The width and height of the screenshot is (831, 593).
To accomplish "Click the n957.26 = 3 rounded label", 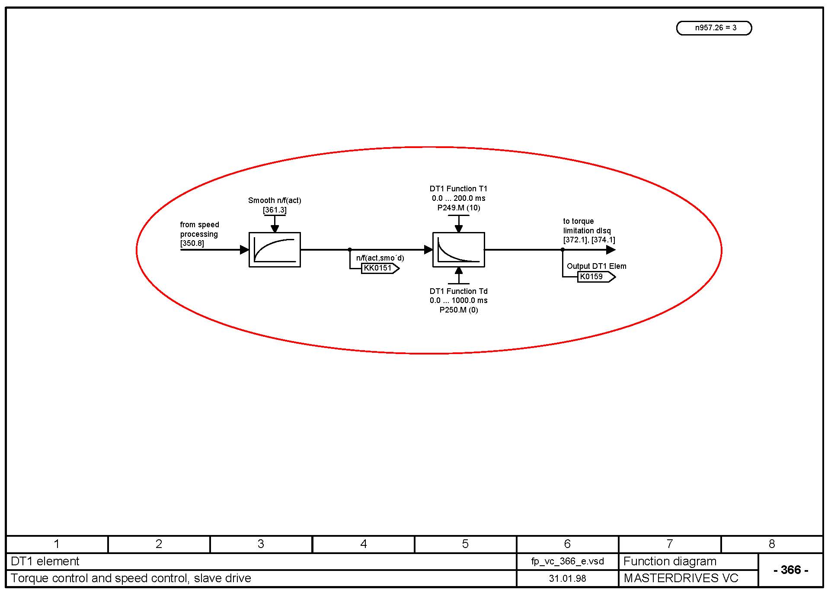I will [x=714, y=28].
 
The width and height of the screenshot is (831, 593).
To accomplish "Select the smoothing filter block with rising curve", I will [x=275, y=250].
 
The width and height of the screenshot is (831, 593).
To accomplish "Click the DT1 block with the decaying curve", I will [x=458, y=250].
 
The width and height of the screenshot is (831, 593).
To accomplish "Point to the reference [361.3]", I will [x=275, y=210].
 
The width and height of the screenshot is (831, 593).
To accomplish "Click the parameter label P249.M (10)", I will [x=458, y=208].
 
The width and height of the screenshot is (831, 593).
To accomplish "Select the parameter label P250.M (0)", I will [x=458, y=310].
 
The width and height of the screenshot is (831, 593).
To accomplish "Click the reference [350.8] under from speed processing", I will [x=192, y=243].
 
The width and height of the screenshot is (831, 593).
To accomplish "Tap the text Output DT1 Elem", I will [x=596, y=266].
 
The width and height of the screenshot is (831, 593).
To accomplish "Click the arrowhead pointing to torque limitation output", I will [x=610, y=250].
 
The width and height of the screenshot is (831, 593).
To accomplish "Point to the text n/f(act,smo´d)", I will [x=380, y=258].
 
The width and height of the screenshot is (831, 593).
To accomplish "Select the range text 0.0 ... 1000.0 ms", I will [x=458, y=300].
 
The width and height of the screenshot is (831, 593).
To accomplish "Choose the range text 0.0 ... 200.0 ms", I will [x=458, y=198].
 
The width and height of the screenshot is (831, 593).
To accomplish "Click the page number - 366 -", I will [x=790, y=570].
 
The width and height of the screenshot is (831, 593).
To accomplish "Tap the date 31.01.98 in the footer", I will [x=567, y=578].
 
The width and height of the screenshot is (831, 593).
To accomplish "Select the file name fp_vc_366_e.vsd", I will [x=567, y=561].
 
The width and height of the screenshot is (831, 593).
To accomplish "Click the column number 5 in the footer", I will [x=465, y=544].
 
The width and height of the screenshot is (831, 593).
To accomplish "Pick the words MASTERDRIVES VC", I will [x=681, y=578].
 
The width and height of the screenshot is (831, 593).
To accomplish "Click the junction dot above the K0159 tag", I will [x=563, y=250].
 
